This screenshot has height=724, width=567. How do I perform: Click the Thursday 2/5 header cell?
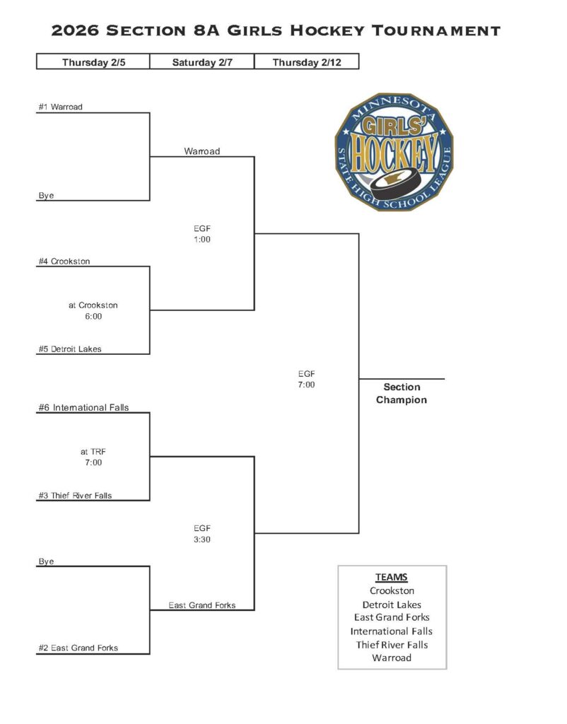coord(93,62)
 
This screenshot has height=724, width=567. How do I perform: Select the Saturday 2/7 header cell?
coord(201,62)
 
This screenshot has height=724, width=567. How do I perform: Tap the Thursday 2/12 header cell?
coord(305,62)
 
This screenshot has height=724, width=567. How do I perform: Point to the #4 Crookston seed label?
coord(64,261)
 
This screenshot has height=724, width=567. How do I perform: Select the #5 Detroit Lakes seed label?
coord(70,349)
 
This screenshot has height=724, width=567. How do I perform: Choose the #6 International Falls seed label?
coord(83,407)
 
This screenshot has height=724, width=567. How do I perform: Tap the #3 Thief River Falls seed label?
coord(75,496)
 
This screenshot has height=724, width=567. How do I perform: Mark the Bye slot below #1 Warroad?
coord(46,195)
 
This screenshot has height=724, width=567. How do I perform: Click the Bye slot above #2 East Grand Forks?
coord(46,561)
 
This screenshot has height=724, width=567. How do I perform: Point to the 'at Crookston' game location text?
coord(93,305)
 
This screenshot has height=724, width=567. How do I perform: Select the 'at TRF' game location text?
coord(93,451)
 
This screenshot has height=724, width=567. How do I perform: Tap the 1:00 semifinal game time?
coord(202,240)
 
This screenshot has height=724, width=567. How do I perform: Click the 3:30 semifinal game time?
coord(202,539)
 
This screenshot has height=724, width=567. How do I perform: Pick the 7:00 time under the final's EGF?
coord(306,385)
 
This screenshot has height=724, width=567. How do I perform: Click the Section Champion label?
coord(401,393)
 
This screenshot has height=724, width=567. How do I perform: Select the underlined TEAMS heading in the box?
coord(392,577)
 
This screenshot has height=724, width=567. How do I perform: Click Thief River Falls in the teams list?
coord(392,644)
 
